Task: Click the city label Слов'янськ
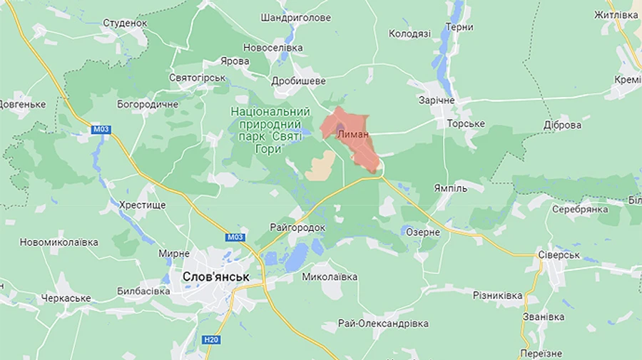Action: point(215,276)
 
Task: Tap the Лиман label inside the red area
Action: point(353,134)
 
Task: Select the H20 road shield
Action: point(210,339)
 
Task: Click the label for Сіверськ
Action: point(559,254)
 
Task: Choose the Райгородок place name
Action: point(297,227)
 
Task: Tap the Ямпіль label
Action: point(450,188)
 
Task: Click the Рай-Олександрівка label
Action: point(383,324)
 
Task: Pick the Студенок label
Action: point(125,23)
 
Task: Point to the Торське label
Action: point(465,124)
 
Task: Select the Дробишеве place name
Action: point(299,82)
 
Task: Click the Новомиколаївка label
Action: point(58,242)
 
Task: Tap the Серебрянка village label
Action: point(580,209)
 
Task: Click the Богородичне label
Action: point(148,104)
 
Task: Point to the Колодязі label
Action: point(409,34)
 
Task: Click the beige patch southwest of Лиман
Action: point(320,165)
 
